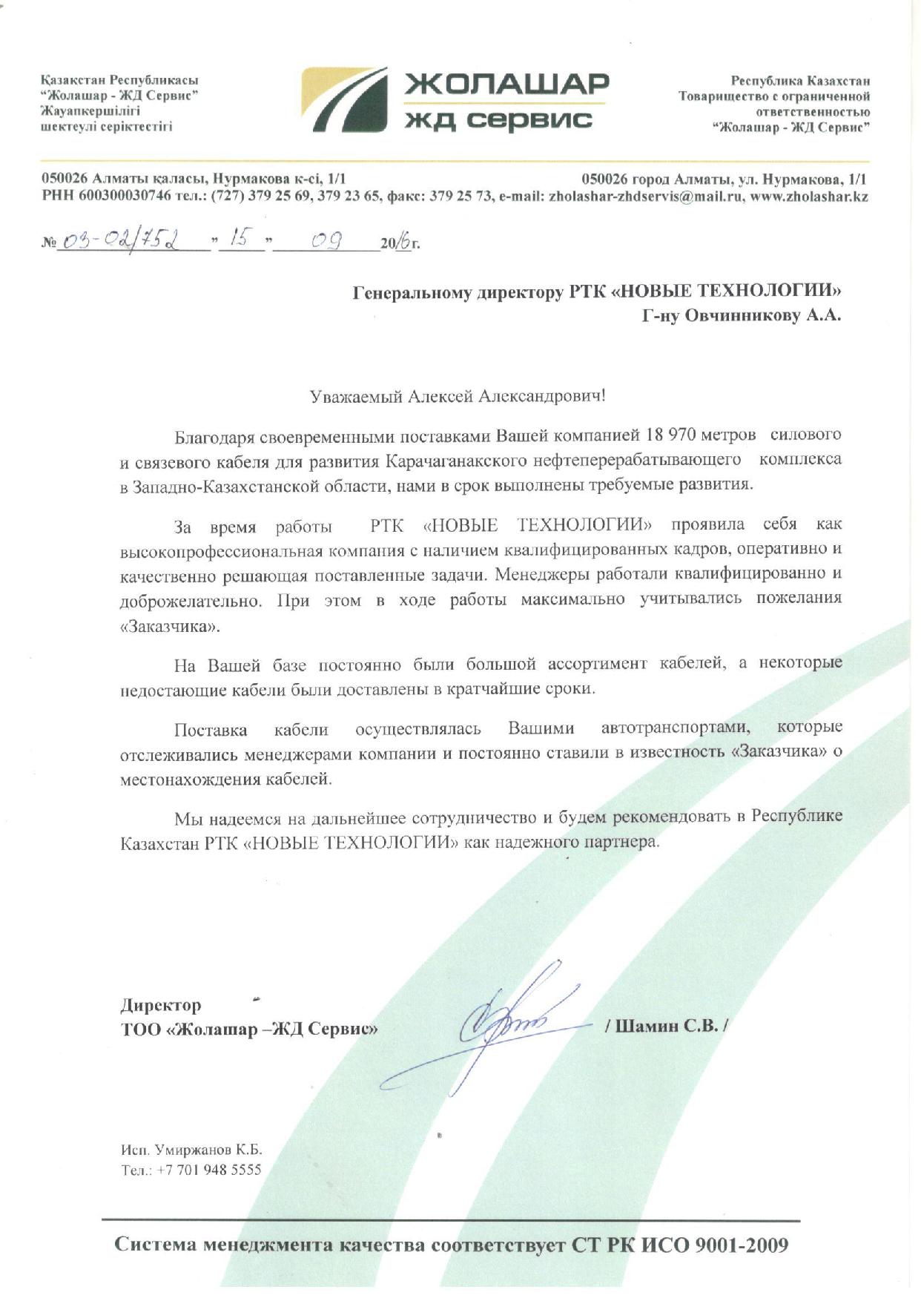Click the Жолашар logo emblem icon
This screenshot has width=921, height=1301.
344,102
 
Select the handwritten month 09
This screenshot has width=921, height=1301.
326,240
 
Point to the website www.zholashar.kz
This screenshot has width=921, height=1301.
809,197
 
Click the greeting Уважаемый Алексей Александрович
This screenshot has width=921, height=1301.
457,396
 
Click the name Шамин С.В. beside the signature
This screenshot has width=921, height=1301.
667,1027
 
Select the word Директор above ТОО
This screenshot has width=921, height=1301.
161,1005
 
